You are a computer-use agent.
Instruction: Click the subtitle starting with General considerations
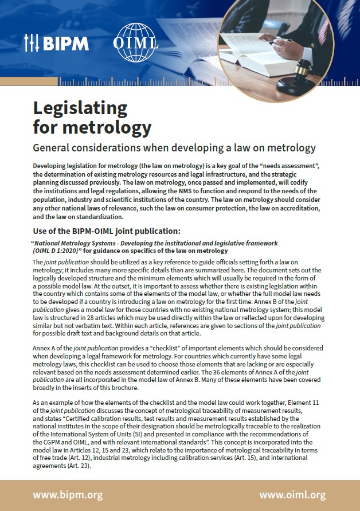pos(174,147)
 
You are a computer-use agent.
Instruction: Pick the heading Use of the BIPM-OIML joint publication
pos(107,232)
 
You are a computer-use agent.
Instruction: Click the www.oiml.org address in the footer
pos(292,495)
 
